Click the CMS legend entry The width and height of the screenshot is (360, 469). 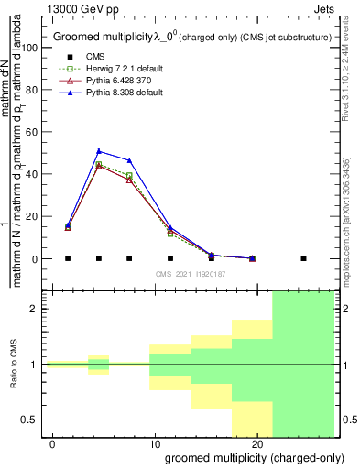point(94,58)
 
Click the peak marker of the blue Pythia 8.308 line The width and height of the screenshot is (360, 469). point(99,151)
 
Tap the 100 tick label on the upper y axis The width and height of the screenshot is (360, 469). point(33,47)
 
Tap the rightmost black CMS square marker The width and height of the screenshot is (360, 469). point(303,258)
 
